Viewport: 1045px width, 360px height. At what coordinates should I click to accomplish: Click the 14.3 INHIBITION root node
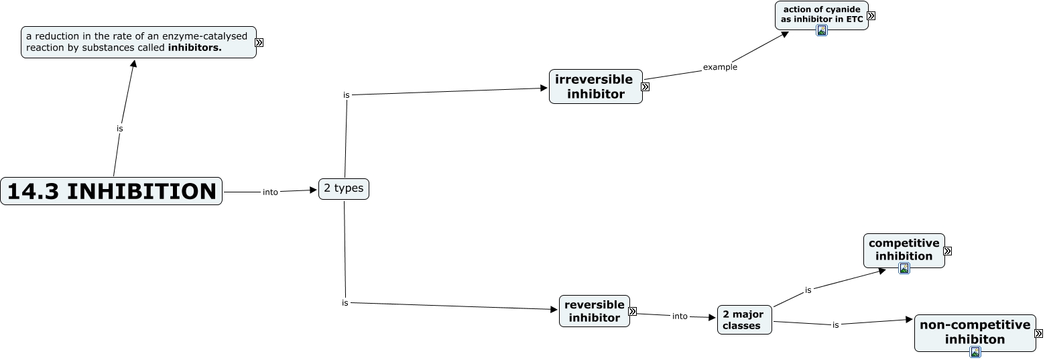pyautogui.click(x=111, y=191)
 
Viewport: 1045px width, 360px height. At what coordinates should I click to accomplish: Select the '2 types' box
pyautogui.click(x=343, y=188)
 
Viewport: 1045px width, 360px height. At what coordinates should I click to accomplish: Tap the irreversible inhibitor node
pyautogui.click(x=595, y=86)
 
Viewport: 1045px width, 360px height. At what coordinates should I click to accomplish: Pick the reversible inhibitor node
pyautogui.click(x=594, y=311)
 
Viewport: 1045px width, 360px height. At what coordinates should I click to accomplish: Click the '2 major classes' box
pyautogui.click(x=744, y=320)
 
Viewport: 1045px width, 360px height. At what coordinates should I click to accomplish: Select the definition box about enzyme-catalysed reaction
pyautogui.click(x=138, y=42)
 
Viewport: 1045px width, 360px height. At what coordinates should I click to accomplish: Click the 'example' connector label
pyautogui.click(x=720, y=67)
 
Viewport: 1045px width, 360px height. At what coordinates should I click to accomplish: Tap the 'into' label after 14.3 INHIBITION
pyautogui.click(x=270, y=192)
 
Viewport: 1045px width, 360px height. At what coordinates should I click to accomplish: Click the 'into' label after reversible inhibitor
pyautogui.click(x=680, y=316)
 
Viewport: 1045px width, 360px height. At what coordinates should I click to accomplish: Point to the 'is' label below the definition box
pyautogui.click(x=120, y=128)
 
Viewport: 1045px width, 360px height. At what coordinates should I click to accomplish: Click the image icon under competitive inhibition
pyautogui.click(x=904, y=268)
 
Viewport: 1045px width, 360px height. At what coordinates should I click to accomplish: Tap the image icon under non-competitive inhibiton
pyautogui.click(x=975, y=352)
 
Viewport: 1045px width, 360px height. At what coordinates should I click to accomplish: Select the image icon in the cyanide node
pyautogui.click(x=822, y=30)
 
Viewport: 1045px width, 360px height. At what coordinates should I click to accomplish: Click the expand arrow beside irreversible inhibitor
pyautogui.click(x=645, y=86)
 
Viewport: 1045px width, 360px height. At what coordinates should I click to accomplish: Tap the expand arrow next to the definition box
pyautogui.click(x=259, y=42)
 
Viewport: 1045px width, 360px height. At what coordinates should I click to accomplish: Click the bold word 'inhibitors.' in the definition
pyautogui.click(x=194, y=48)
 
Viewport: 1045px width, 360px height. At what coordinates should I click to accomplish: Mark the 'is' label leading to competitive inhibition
pyautogui.click(x=808, y=290)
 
